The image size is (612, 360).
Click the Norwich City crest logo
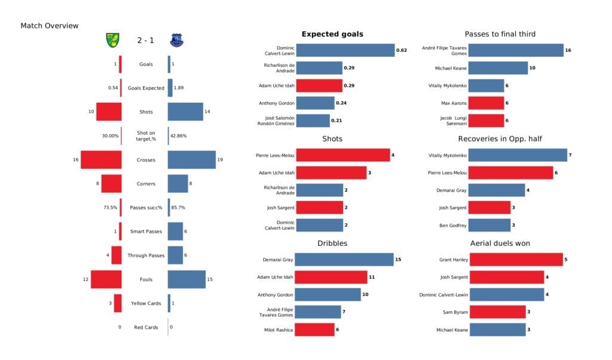tap(111, 40)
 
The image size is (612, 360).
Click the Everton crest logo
tap(176, 40)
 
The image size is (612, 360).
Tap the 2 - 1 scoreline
tap(145, 40)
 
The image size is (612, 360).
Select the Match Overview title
tap(49, 26)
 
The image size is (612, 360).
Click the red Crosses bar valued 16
tap(101, 160)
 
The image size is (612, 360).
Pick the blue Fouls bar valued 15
tap(186, 279)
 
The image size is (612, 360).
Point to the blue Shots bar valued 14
tap(185, 112)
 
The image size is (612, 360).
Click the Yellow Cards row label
tap(145, 303)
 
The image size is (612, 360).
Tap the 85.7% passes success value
tap(178, 208)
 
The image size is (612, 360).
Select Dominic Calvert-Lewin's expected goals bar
tap(345, 50)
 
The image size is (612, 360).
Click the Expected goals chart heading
tap(332, 34)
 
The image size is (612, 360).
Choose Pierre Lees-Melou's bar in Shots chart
tap(342, 155)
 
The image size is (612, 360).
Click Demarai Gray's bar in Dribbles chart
tap(344, 260)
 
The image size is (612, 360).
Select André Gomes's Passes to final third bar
tap(516, 50)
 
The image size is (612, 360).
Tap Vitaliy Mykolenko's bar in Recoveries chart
tap(518, 155)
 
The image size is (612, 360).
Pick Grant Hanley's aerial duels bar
tap(515, 260)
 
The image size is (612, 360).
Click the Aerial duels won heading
tap(500, 243)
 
